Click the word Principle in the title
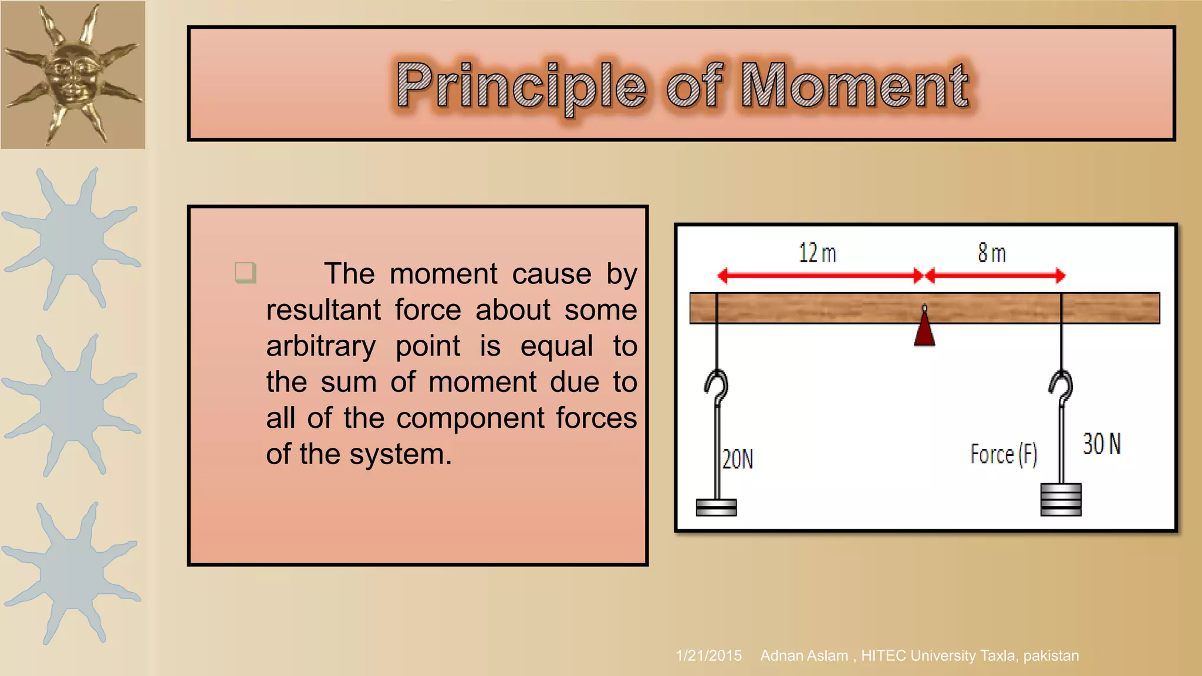click(521, 86)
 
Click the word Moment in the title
click(855, 86)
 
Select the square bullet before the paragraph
click(245, 273)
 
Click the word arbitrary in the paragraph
click(321, 346)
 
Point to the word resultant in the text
click(323, 310)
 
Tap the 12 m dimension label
click(817, 253)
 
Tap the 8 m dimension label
click(991, 253)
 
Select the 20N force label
click(737, 459)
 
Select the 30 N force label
click(1102, 444)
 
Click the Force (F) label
click(1004, 454)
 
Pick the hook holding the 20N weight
click(717, 387)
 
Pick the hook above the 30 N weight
click(1061, 387)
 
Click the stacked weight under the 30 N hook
click(1061, 499)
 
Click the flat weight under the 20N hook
click(716, 507)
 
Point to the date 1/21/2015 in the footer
click(708, 655)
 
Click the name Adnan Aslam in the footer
click(804, 655)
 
